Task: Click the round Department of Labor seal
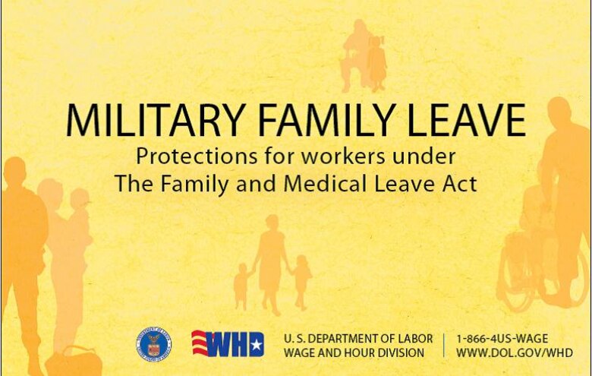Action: [x=154, y=344]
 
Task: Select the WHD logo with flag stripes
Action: [x=227, y=344]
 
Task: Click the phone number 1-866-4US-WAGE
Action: [x=502, y=338]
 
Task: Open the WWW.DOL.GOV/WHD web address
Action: [x=514, y=352]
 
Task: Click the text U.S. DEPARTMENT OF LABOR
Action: [x=358, y=338]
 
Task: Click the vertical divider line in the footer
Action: [x=445, y=345]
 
